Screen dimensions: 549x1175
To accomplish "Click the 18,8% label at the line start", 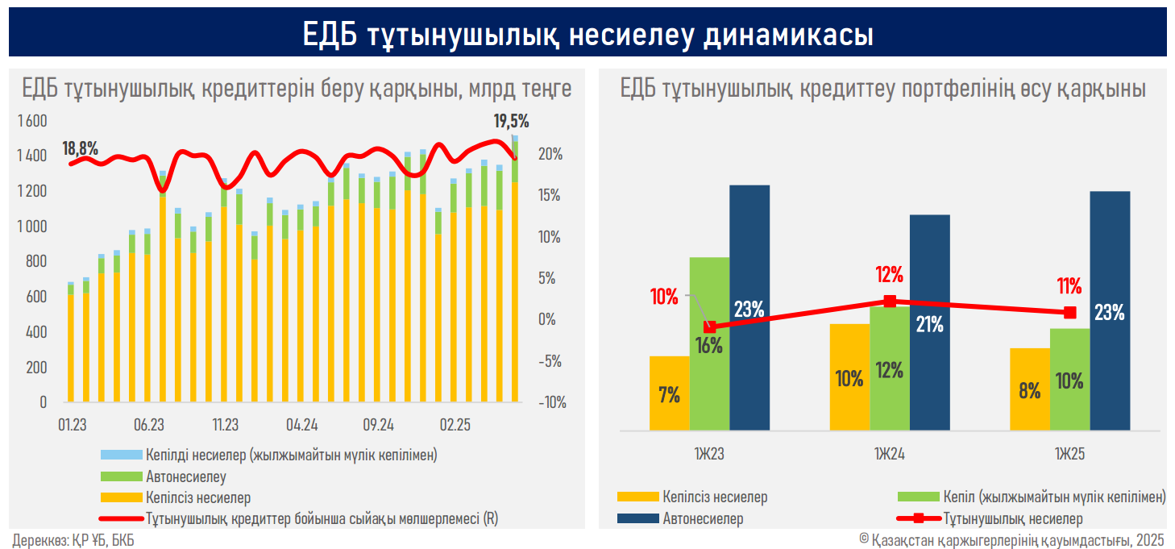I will point(80,148).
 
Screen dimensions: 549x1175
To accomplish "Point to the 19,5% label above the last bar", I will point(511,122).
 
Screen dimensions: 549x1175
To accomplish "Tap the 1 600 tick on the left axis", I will point(31,121).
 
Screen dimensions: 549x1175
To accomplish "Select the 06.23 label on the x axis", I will point(149,425).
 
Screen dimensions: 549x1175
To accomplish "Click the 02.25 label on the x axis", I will point(455,425).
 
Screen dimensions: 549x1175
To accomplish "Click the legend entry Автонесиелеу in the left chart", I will point(185,476).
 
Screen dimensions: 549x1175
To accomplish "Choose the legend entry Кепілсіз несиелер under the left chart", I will point(198,497).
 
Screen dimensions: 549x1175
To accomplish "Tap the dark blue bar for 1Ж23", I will point(749,306).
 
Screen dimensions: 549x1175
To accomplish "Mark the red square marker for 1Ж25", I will point(1069,312).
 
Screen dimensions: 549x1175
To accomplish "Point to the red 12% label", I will point(889,275).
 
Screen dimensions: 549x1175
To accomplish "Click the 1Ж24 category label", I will point(889,455).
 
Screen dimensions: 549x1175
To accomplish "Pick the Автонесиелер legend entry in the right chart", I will point(703,518).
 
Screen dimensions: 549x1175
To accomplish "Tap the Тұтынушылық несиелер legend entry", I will point(1012,518).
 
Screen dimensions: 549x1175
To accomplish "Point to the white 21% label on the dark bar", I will point(929,324).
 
